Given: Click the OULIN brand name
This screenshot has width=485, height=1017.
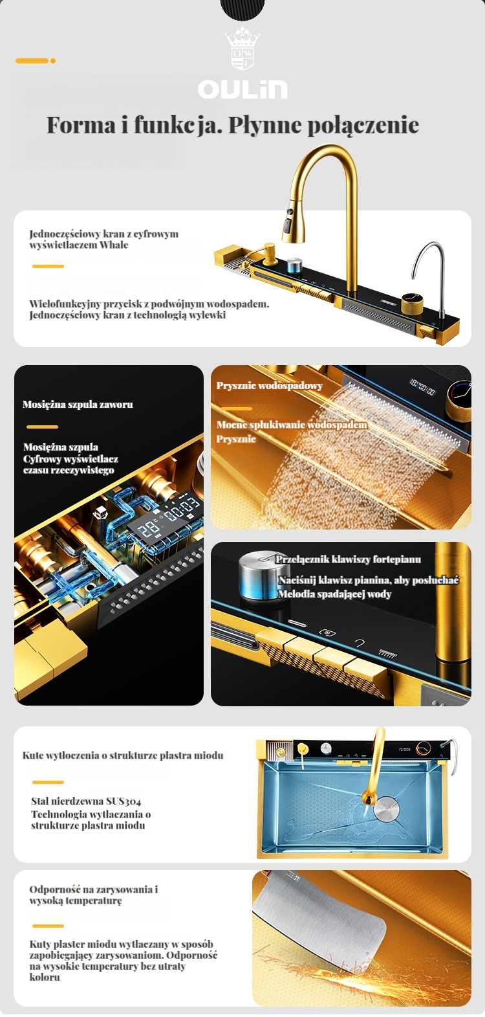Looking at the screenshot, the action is (x=242, y=89).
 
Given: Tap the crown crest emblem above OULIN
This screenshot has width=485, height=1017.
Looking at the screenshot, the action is (x=242, y=48).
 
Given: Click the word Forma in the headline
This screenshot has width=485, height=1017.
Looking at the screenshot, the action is (x=81, y=126).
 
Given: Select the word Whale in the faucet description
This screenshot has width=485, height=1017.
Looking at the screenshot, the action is (x=114, y=245).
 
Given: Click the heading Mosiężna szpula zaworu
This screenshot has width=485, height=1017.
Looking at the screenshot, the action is (x=78, y=404).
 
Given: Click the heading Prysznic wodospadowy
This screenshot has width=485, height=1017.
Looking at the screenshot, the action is (x=270, y=385).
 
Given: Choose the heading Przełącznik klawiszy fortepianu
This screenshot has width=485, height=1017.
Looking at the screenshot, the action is (x=349, y=559).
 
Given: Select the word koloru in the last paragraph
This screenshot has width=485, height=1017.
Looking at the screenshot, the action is (x=45, y=978).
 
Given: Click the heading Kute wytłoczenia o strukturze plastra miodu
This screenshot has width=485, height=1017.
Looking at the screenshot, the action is (x=123, y=755).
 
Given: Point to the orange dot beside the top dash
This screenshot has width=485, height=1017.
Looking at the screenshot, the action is (x=53, y=61).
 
